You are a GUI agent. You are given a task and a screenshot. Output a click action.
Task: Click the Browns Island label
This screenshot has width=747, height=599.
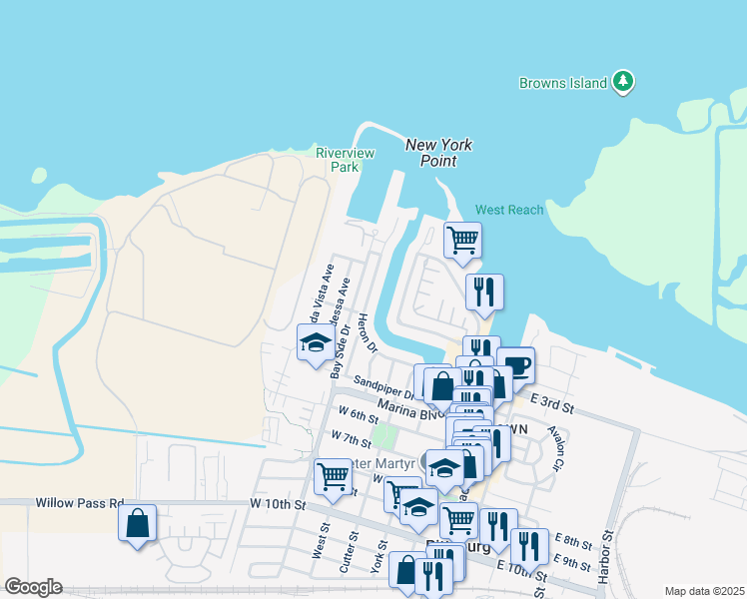pos(564,83)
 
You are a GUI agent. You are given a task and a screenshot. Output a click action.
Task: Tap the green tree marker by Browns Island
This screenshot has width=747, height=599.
pos(624,81)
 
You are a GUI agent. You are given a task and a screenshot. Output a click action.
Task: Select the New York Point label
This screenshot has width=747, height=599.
pos(438,153)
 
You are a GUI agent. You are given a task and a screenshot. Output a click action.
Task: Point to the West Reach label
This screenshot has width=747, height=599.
pos(509,210)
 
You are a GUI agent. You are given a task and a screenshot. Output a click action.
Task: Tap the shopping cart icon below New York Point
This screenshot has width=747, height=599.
pos(462,239)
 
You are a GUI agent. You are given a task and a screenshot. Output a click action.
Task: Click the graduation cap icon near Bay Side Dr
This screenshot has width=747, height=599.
pos(316,342)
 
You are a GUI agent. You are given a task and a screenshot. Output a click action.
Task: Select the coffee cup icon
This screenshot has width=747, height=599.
pos(515,364)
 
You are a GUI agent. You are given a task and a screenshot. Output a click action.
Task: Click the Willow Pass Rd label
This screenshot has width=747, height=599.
pos(79,503)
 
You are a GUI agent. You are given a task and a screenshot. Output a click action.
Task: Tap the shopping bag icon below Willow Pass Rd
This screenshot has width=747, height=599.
pos(138,523)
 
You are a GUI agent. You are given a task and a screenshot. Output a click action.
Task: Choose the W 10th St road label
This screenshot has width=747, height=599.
pos(277,503)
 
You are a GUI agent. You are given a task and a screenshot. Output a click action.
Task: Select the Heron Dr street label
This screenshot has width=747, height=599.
pos(367,335)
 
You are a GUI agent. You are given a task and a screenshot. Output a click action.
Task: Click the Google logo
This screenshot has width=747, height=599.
pos(33,587)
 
